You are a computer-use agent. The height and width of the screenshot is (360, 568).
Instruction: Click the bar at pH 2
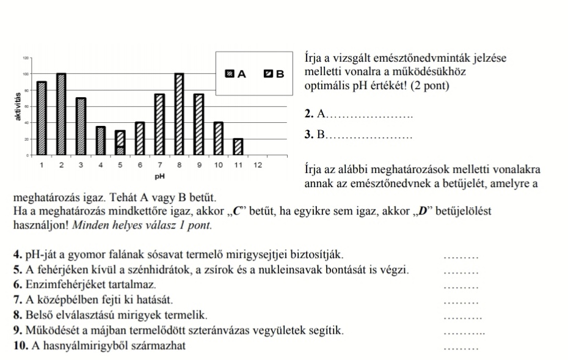[x=61, y=114]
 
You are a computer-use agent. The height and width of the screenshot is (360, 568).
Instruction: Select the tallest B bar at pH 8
[x=179, y=114]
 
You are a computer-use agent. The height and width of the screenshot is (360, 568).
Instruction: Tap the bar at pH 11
[x=238, y=147]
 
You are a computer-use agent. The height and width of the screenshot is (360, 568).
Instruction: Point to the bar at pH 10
[x=218, y=139]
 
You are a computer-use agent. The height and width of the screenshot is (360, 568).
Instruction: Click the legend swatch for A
[x=230, y=74]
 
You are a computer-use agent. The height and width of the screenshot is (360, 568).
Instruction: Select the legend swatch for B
[x=268, y=74]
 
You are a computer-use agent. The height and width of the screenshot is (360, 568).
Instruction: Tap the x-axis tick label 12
[x=258, y=165]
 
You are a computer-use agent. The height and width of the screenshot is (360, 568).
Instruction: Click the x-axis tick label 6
[x=140, y=165]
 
